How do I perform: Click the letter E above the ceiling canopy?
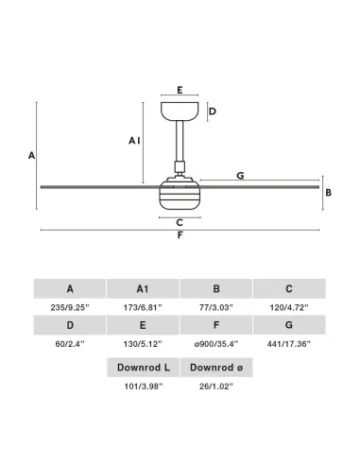coord(180,90)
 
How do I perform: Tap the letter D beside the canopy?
coord(213,112)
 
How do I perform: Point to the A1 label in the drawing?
coord(134,141)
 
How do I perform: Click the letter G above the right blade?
coord(240,176)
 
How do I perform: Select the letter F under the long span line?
coord(180,235)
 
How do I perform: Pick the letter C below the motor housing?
coord(180,223)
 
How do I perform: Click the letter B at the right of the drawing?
coord(328,193)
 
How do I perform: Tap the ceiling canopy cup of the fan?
coord(180,112)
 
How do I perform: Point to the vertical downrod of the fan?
coord(180,141)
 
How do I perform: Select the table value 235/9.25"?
coord(70,307)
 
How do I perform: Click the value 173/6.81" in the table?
coord(143,307)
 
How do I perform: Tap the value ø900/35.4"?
coord(216,344)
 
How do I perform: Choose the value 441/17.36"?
coord(289,344)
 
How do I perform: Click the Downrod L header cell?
coord(144,368)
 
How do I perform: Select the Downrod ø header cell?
coord(216,368)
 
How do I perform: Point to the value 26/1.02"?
coord(216,387)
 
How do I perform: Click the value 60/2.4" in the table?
coord(70,344)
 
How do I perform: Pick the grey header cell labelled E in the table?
coord(143,325)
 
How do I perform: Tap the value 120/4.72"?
coord(289,307)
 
